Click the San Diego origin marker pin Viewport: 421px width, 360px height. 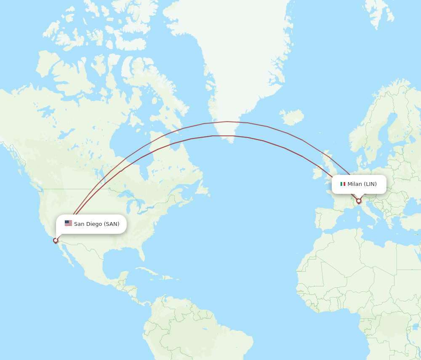[x=56, y=241]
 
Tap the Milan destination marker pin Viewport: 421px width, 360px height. [x=359, y=201]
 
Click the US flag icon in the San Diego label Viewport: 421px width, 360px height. [x=68, y=223]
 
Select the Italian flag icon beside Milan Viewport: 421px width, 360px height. [x=343, y=184]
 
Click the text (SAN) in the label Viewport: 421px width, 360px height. [x=112, y=224]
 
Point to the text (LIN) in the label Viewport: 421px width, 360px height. [x=370, y=184]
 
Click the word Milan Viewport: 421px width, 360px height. [x=354, y=184]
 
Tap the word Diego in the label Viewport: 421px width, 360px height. [x=94, y=224]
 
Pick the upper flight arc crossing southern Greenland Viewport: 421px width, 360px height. [x=227, y=122]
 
